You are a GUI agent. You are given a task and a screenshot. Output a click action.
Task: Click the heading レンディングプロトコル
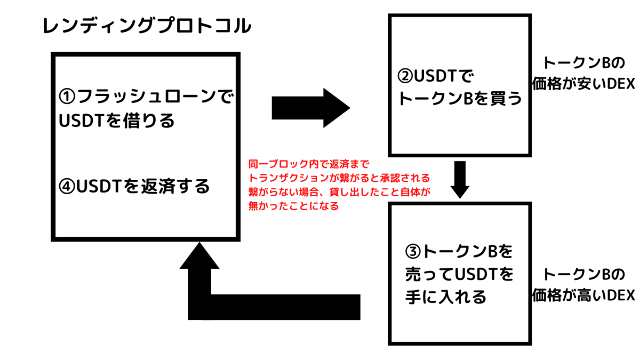point(147,26)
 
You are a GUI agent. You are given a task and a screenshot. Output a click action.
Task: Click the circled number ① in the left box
point(68,97)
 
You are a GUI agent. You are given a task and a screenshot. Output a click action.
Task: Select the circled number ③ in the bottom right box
point(413,250)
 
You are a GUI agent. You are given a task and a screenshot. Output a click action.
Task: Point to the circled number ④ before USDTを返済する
point(68,187)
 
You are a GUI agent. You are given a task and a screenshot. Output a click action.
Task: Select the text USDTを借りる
point(117,121)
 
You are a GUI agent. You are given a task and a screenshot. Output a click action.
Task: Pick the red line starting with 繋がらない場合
point(339,191)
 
